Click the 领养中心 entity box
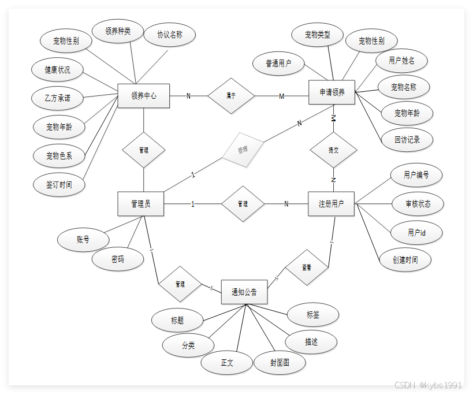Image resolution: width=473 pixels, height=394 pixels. pyautogui.click(x=143, y=96)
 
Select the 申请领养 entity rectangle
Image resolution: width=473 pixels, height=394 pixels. pyautogui.click(x=332, y=92)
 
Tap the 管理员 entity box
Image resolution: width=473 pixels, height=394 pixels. pyautogui.click(x=140, y=204)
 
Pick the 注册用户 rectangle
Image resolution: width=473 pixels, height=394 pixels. pyautogui.click(x=331, y=204)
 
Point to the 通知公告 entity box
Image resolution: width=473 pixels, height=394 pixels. pyautogui.click(x=244, y=292)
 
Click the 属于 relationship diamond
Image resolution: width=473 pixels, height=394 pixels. pyautogui.click(x=231, y=95)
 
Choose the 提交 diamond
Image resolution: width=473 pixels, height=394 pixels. pyautogui.click(x=333, y=150)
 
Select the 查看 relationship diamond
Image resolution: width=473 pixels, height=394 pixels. pyautogui.click(x=306, y=268)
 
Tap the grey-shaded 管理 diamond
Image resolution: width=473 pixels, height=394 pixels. pyautogui.click(x=243, y=150)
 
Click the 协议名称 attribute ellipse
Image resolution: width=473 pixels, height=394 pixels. pyautogui.click(x=169, y=35)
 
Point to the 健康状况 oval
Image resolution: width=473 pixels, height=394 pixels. pyautogui.click(x=58, y=70)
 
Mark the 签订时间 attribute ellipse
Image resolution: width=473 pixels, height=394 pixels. pyautogui.click(x=59, y=185)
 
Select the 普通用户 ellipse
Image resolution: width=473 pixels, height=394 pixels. pyautogui.click(x=278, y=64)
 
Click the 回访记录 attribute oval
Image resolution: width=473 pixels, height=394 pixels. pyautogui.click(x=407, y=139)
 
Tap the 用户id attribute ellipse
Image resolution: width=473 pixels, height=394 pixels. pyautogui.click(x=416, y=233)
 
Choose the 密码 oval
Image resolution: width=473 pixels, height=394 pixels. pyautogui.click(x=117, y=259)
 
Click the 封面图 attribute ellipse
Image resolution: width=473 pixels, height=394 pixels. pyautogui.click(x=280, y=363)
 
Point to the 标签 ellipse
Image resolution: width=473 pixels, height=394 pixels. pyautogui.click(x=313, y=315)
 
